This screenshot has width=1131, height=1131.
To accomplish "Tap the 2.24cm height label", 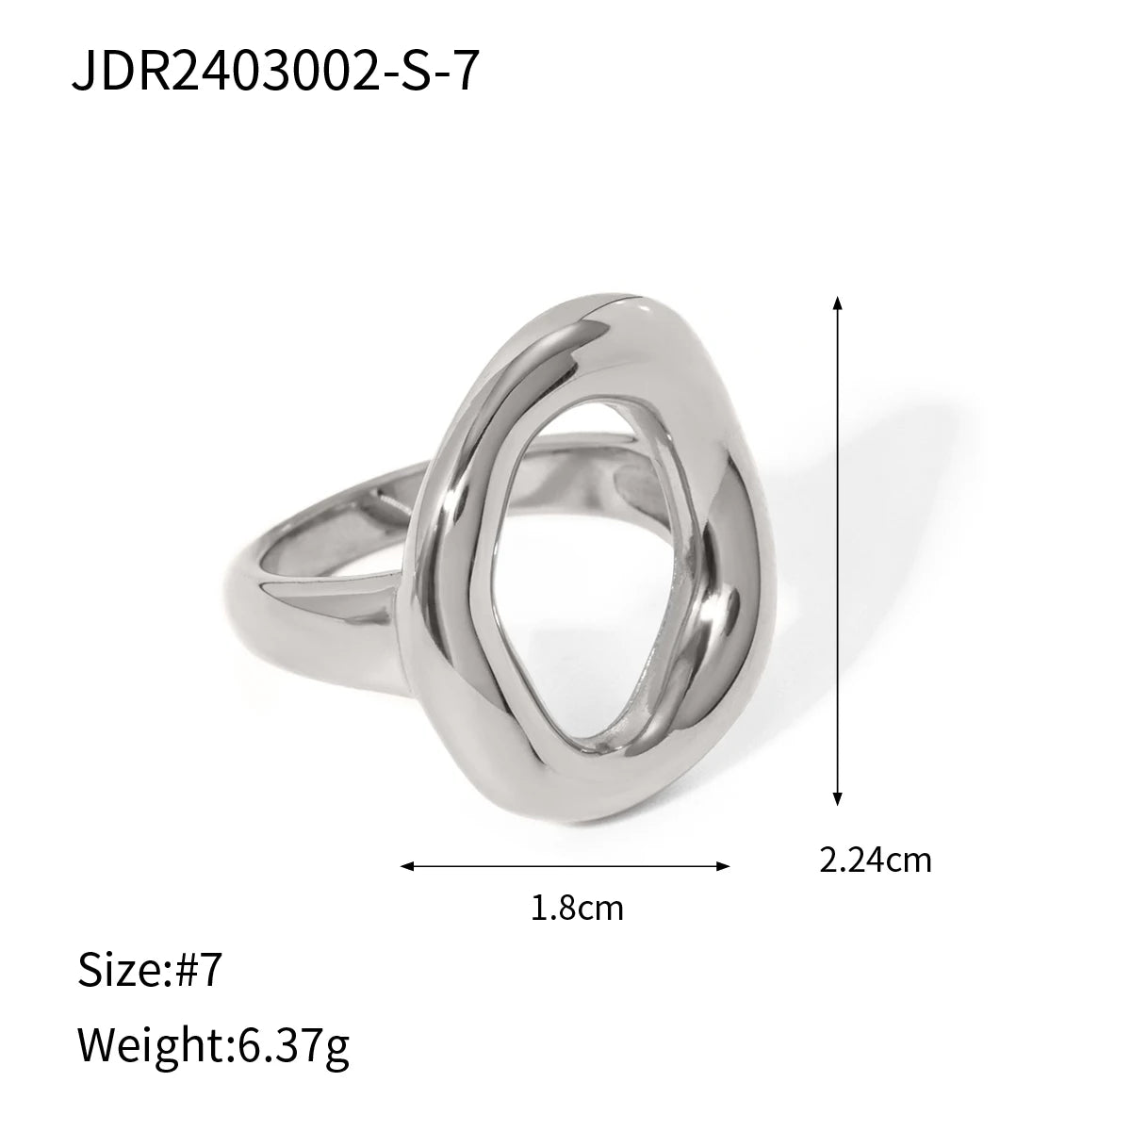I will coord(875,860).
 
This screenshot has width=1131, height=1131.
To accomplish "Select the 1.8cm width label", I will coord(577,909).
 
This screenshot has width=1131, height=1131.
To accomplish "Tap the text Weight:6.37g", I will coord(213,1047).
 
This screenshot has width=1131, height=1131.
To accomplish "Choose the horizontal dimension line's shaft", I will coord(565,866).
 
